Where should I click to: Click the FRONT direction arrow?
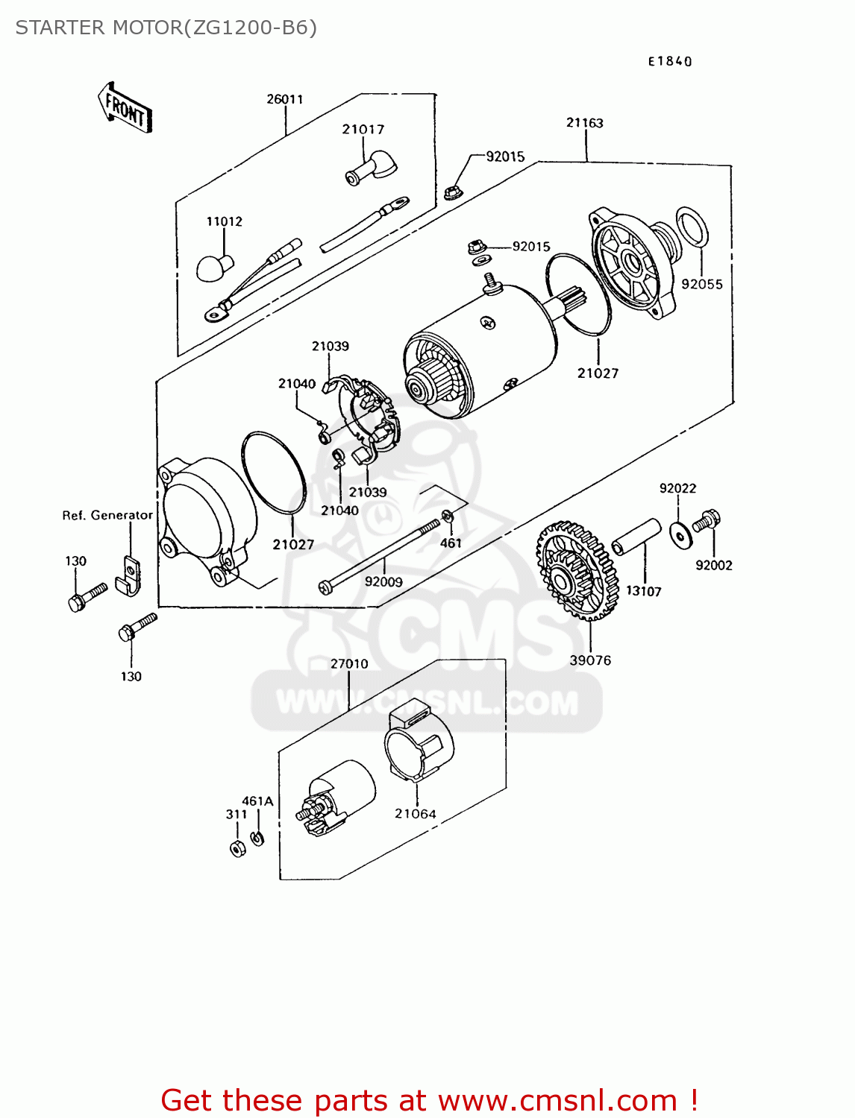pyautogui.click(x=125, y=109)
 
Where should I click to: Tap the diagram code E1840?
pyautogui.click(x=669, y=62)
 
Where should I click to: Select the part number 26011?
pyautogui.click(x=285, y=99)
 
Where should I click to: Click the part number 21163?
pyautogui.click(x=584, y=123)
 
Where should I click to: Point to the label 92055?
pyautogui.click(x=701, y=284)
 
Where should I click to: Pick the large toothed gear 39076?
pyautogui.click(x=577, y=570)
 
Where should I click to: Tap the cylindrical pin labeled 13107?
pyautogui.click(x=636, y=537)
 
